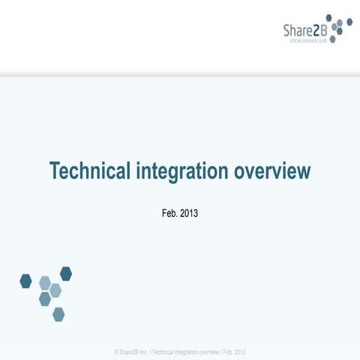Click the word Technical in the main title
[x=90, y=171]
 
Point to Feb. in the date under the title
[x=169, y=214]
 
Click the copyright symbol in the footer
[x=115, y=352]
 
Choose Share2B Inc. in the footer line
[x=133, y=352]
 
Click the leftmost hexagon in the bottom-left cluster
[x=26, y=280]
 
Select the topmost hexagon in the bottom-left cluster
[x=66, y=274]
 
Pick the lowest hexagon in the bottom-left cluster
[x=58, y=313]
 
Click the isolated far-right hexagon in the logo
[x=349, y=22]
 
